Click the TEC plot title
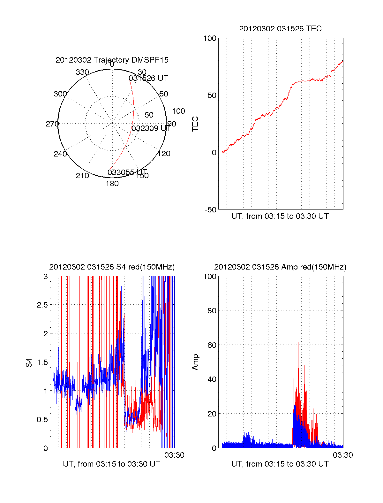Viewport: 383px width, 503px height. click(280, 29)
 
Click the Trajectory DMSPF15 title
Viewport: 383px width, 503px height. click(112, 60)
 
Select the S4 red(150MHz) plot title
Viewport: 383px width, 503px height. click(112, 267)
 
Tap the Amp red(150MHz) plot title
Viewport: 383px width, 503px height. click(280, 267)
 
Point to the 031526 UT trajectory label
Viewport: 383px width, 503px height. click(148, 78)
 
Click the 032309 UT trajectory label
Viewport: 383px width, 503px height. click(151, 128)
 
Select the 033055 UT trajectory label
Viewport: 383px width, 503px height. click(127, 173)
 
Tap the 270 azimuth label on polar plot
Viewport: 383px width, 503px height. click(52, 124)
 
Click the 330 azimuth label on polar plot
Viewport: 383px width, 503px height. click(82, 72)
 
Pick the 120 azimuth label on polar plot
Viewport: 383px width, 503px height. click(164, 154)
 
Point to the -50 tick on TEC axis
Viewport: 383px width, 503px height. click(211, 210)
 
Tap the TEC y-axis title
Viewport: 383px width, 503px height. click(195, 124)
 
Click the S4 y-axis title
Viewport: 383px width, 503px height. click(29, 362)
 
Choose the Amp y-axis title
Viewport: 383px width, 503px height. click(195, 362)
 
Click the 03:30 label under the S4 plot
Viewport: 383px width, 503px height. click(174, 455)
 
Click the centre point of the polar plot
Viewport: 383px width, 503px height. click(112, 123)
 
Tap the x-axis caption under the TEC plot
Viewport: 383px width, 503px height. click(280, 216)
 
